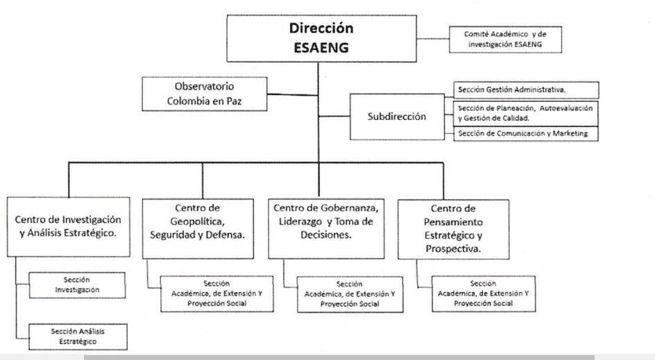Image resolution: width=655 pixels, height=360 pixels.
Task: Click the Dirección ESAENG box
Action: [322, 38]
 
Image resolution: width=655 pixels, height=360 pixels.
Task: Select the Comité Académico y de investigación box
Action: [505, 40]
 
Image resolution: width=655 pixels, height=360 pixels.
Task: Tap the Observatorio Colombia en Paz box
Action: [204, 94]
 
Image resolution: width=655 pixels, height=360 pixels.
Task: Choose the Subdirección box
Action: [397, 117]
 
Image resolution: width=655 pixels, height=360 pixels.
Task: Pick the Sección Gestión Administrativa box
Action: [526, 89]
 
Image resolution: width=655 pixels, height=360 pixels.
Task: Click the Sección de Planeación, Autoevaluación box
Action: [526, 114]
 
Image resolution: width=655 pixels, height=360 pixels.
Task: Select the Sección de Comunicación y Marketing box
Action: [526, 134]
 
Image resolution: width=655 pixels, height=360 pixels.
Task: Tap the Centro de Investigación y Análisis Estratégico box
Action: [69, 227]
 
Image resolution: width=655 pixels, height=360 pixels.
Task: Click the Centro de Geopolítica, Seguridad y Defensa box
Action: [198, 228]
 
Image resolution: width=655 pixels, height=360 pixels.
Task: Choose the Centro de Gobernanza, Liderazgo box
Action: [326, 228]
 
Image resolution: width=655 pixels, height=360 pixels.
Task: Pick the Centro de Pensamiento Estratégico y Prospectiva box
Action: [453, 230]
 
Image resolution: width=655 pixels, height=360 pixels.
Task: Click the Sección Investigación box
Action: [77, 285]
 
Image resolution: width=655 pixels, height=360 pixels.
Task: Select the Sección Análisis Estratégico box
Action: [78, 336]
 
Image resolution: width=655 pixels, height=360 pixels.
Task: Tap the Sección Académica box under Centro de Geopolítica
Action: [216, 293]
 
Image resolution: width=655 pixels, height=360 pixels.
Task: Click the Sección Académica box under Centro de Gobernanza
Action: [350, 294]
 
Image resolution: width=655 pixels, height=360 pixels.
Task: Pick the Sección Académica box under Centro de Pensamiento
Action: [484, 293]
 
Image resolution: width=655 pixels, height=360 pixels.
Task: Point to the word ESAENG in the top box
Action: [321, 48]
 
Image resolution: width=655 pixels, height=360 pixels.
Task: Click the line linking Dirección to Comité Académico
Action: [433, 39]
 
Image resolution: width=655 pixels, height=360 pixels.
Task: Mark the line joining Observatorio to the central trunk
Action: [293, 95]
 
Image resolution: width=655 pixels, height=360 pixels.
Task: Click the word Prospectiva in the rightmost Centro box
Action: [453, 249]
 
